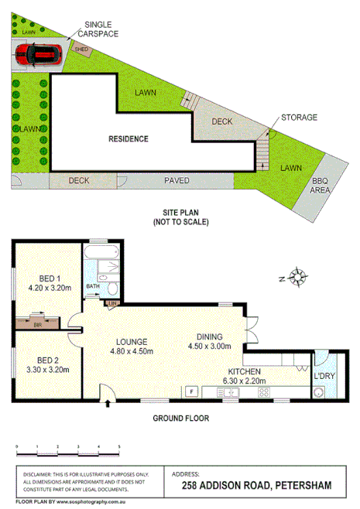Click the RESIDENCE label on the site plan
point(128,139)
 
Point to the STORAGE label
point(299,117)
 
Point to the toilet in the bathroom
point(112,288)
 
